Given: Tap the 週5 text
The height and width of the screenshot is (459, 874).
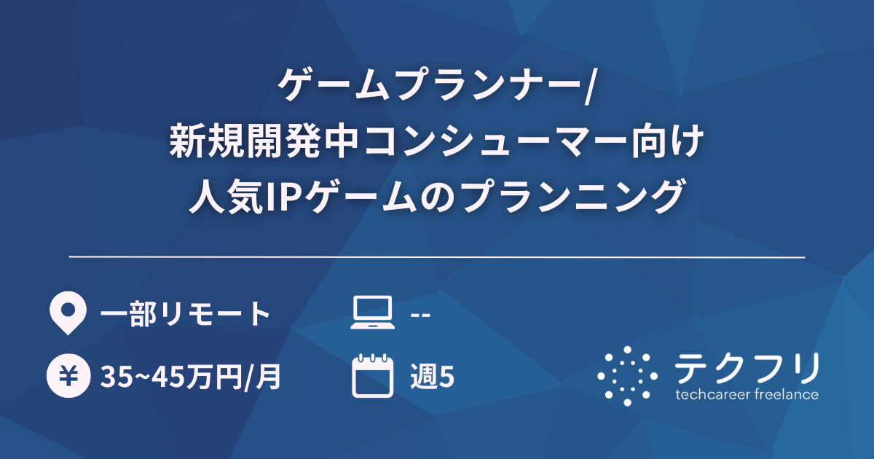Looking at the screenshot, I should tap(432, 377).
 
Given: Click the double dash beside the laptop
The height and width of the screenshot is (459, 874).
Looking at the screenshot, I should tap(420, 315).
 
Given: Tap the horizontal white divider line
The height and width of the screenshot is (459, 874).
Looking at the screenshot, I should tap(437, 257).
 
